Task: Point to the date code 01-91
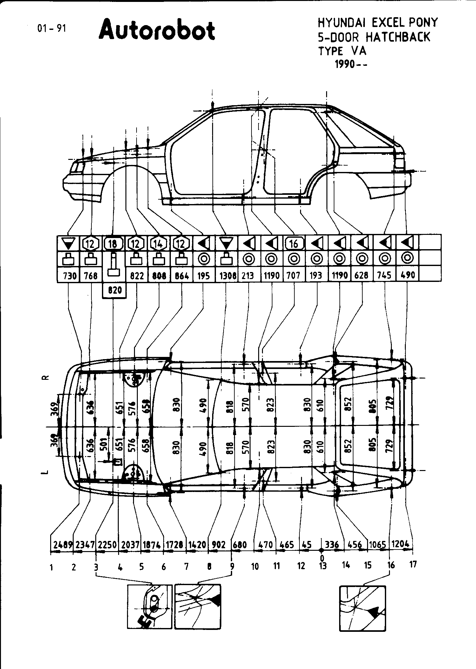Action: (51, 29)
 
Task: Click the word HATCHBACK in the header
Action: (398, 37)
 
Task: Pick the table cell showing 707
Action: (293, 275)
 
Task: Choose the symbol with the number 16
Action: (294, 243)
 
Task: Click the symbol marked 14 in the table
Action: (158, 243)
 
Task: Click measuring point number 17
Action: (413, 564)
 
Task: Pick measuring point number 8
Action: (209, 566)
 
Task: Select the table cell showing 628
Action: (362, 275)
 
